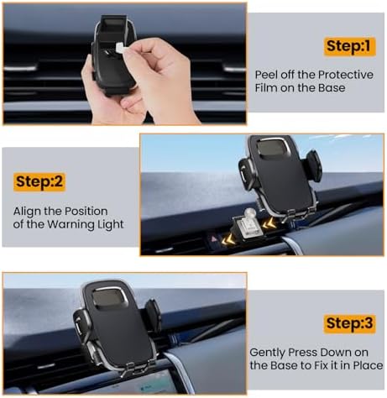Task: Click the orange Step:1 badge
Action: [x=350, y=46]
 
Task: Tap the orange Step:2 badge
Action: [x=39, y=182]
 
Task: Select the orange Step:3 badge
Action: [x=349, y=323]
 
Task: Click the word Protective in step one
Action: [x=346, y=75]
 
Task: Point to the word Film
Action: [x=266, y=88]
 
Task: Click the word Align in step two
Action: [x=27, y=212]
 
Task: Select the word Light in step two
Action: [x=111, y=225]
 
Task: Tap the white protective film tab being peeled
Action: [x=119, y=48]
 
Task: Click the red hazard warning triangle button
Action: [x=214, y=238]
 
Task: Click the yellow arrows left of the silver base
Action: [x=227, y=240]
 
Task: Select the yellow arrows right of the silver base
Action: [x=269, y=223]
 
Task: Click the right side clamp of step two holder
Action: [x=314, y=165]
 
